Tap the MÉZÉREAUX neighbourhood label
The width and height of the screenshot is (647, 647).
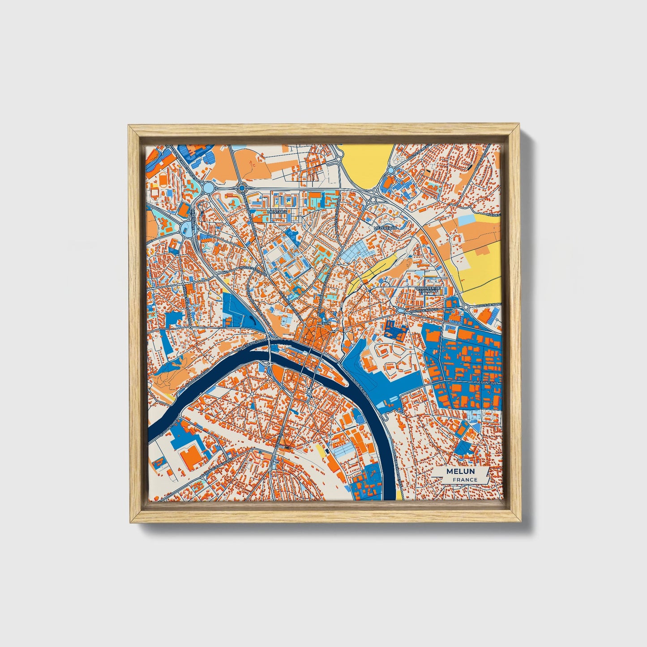(x=385, y=228)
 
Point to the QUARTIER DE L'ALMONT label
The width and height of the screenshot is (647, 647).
(x=428, y=290)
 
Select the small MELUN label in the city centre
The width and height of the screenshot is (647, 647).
(x=323, y=322)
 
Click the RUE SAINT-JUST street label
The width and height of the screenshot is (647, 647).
(x=486, y=384)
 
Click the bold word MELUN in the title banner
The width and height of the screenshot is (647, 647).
(x=461, y=471)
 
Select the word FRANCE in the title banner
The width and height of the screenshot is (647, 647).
(x=465, y=480)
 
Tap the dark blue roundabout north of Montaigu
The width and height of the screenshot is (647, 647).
(x=242, y=189)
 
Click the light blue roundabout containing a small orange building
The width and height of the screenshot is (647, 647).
(x=185, y=229)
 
